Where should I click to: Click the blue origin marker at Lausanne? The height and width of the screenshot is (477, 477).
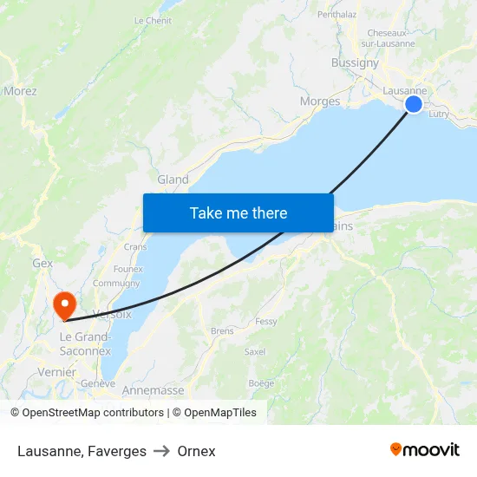click(414, 104)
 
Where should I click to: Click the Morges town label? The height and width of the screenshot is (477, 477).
click(319, 101)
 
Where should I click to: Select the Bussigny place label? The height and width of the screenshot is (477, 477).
click(355, 62)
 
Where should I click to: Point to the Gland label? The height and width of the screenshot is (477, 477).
click(173, 180)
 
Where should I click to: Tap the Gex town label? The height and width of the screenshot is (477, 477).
click(42, 263)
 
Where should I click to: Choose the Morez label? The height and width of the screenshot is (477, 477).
click(20, 90)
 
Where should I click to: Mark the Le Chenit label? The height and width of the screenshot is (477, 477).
click(153, 20)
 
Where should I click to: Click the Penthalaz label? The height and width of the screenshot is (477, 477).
click(337, 15)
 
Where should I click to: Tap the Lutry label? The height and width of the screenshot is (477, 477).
click(439, 114)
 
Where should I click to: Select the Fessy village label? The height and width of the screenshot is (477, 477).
click(266, 322)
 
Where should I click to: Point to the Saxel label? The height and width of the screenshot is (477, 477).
click(255, 352)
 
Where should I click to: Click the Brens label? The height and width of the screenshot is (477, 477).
click(222, 331)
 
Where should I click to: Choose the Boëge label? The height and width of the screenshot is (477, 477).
click(261, 383)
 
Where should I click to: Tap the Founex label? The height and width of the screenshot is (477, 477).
click(127, 269)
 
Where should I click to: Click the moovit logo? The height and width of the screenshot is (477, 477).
click(424, 450)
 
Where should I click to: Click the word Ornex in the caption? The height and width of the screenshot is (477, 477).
click(196, 451)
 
